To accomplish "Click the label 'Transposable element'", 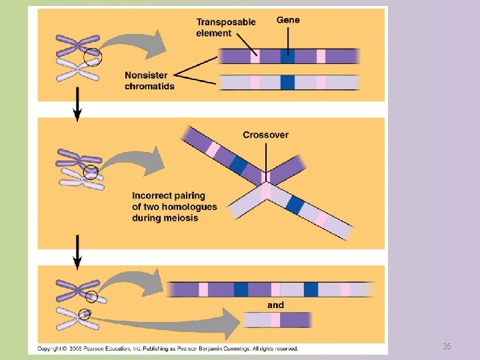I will point(225,27).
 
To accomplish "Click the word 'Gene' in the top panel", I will point(288,20).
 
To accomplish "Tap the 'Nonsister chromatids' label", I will point(149,81).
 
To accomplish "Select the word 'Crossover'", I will point(265,135).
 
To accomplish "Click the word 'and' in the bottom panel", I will point(275,305).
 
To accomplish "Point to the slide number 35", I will point(447,347).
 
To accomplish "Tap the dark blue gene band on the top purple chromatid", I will point(287,57).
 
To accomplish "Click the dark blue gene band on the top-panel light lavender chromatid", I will point(287,82).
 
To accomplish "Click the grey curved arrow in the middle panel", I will point(133,164).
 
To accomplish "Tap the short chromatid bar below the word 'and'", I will point(277,320).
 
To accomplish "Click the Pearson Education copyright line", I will point(167,349).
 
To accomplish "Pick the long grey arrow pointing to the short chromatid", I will point(167,323).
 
